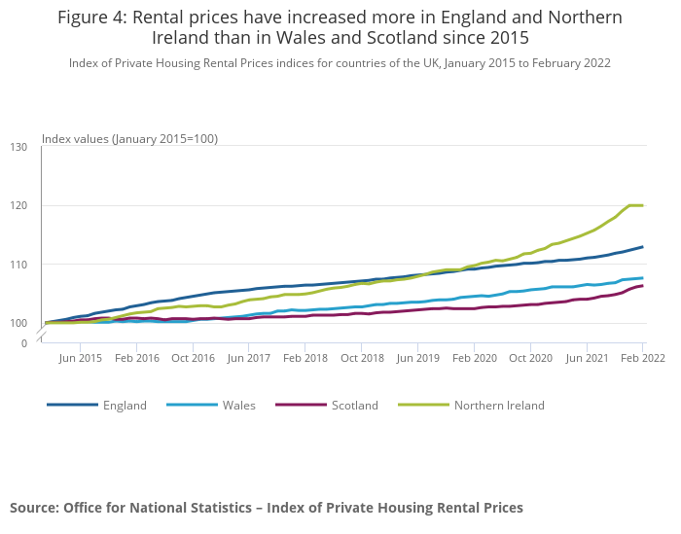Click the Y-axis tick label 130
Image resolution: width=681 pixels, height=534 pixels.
(18, 147)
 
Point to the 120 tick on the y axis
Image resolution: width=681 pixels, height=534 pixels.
(18, 206)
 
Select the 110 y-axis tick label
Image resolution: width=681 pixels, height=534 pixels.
(18, 265)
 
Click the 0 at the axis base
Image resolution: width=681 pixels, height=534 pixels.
(24, 343)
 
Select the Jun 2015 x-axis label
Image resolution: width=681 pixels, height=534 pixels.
(81, 358)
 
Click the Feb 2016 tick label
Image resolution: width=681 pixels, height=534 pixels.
(137, 358)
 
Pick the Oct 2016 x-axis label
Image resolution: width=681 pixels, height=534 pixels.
(194, 358)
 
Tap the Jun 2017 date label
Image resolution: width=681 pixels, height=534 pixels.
(249, 358)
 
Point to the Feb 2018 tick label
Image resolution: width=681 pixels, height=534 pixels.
(305, 358)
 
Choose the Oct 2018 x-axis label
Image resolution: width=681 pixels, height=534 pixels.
(362, 358)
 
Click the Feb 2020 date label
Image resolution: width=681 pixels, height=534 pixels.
(474, 358)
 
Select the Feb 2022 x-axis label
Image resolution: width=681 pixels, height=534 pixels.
(642, 358)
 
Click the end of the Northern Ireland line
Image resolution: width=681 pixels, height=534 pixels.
(643, 205)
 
